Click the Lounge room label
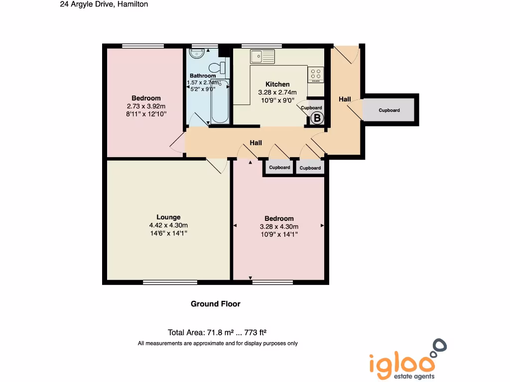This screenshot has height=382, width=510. (168, 217)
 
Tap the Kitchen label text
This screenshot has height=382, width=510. (277, 84)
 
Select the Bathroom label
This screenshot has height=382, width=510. (203, 76)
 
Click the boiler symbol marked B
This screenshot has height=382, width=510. (317, 118)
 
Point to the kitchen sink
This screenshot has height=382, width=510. (262, 57)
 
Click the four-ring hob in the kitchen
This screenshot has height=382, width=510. (316, 74)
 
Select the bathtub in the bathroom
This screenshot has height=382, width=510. (220, 101)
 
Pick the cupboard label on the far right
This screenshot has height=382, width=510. (389, 110)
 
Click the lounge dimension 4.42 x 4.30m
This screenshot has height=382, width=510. (168, 225)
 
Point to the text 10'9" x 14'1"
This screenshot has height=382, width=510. (279, 234)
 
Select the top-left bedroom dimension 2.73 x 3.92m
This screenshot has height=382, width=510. (146, 106)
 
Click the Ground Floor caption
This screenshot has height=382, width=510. (216, 304)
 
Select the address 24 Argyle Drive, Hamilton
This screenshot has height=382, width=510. (104, 4)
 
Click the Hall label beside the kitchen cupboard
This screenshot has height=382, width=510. (345, 99)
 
